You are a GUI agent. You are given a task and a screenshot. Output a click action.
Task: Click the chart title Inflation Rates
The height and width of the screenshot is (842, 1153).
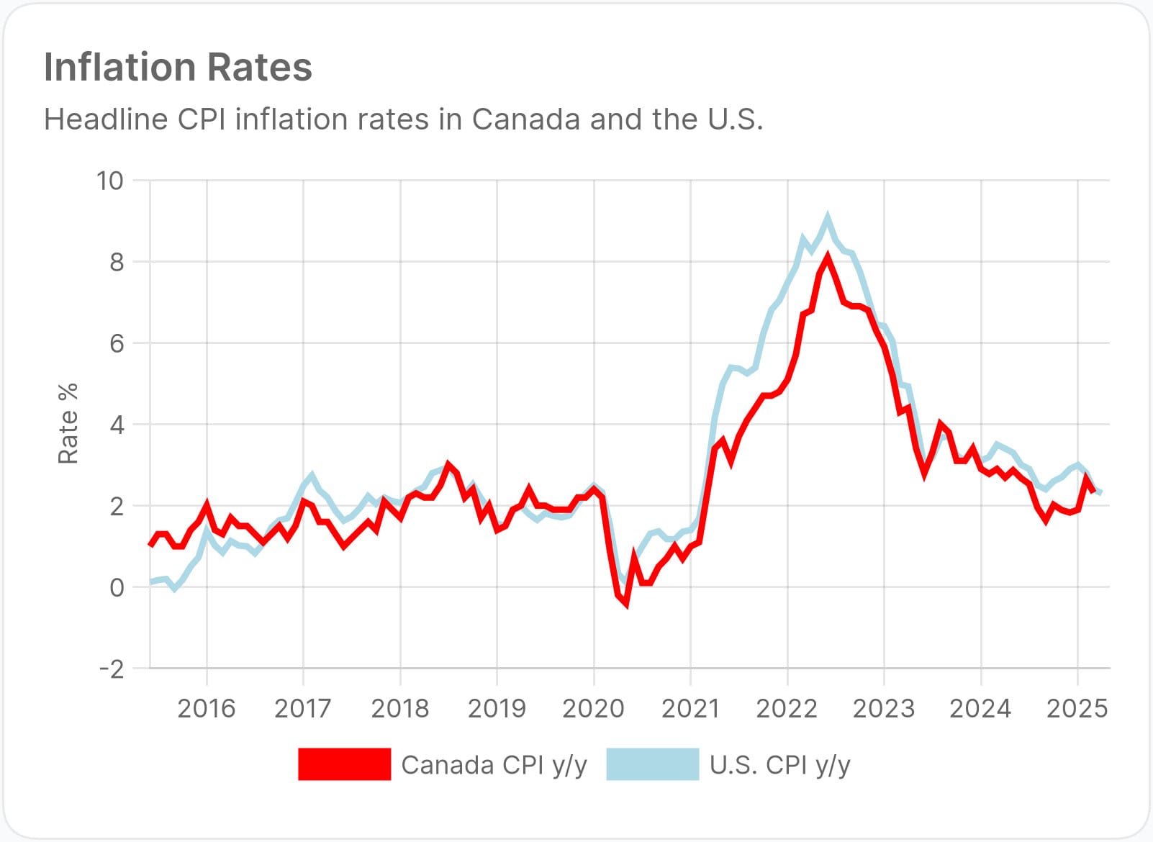178,67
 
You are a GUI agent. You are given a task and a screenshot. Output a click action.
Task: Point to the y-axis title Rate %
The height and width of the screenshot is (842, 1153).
68,424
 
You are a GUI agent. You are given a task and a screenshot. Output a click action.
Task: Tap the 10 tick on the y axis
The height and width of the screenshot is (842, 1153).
110,181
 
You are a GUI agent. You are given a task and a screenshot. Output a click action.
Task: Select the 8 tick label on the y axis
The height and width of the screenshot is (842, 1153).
117,262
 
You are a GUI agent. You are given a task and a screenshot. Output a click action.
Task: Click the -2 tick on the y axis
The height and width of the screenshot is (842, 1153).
111,669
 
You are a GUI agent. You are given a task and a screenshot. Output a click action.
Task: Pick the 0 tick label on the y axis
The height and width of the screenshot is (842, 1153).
117,587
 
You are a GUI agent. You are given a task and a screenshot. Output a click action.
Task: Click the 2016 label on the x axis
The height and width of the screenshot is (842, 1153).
206,709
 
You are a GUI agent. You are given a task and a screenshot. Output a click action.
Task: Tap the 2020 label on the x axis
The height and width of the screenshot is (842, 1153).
593,709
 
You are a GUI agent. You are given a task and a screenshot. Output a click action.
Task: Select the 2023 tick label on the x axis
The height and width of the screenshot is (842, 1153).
883,709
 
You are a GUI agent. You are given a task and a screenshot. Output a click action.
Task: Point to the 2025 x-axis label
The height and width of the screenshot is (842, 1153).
1077,709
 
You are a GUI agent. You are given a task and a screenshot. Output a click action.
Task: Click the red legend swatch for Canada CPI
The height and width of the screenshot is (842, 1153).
344,764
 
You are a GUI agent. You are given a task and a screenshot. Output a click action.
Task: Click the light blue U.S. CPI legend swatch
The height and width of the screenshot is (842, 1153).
652,764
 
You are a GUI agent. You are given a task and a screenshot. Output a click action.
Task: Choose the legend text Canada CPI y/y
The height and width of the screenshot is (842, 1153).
494,765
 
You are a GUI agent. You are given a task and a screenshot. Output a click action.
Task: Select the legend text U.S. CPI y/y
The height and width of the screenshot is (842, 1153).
779,765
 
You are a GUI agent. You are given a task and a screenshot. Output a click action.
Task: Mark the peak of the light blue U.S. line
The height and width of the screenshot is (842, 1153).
828,217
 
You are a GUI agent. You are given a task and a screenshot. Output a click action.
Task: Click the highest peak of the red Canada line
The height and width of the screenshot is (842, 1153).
828,257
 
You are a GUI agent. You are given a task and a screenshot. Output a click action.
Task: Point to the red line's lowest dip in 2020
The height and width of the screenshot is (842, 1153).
626,603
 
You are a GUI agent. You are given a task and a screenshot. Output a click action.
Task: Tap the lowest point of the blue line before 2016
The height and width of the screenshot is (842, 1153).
173,588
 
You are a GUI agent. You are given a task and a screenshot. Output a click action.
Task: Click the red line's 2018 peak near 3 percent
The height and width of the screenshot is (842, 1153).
448,465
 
